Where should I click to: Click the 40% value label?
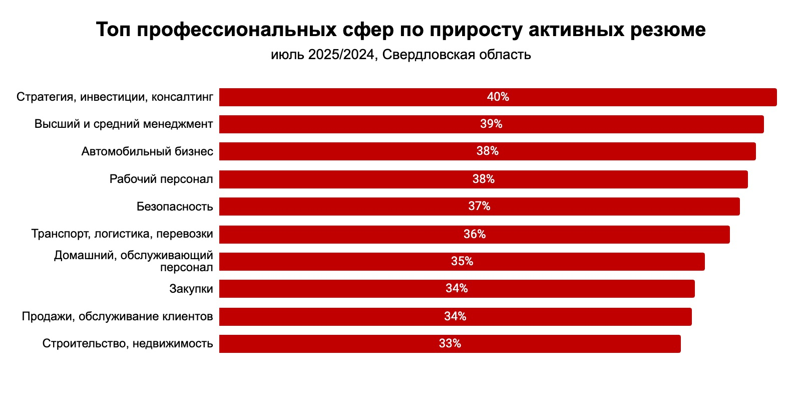(x=498, y=97)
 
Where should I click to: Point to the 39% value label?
(x=491, y=124)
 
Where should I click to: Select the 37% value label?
(x=479, y=207)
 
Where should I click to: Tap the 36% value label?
(x=475, y=234)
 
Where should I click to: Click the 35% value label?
(x=462, y=262)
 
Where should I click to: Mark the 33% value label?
(x=450, y=344)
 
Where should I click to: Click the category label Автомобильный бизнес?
(x=147, y=151)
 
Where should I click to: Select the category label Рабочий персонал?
(x=161, y=179)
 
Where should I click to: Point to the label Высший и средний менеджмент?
(x=124, y=124)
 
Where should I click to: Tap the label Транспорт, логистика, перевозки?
(x=122, y=234)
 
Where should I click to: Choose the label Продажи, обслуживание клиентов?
(x=117, y=316)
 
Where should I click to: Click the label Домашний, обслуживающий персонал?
(x=134, y=262)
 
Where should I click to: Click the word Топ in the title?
(x=113, y=30)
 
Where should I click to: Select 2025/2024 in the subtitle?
(x=341, y=55)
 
